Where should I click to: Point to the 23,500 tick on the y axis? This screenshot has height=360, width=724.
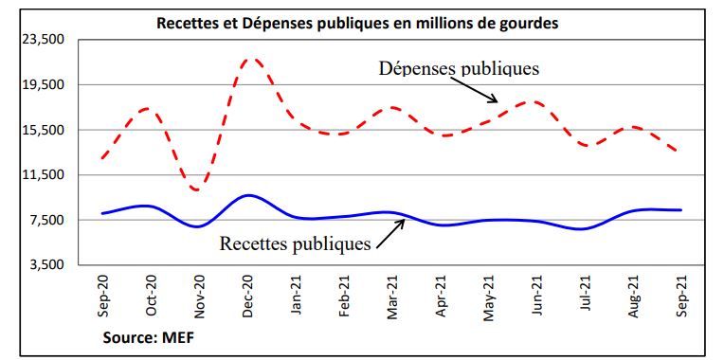click(x=43, y=40)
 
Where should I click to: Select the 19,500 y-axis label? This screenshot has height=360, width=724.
click(x=43, y=85)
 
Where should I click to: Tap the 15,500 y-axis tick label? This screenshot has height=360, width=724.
click(x=43, y=130)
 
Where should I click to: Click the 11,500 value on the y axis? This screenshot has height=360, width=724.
click(x=43, y=175)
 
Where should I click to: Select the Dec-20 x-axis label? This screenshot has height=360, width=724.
click(x=247, y=297)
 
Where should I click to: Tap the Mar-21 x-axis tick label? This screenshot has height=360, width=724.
click(x=391, y=297)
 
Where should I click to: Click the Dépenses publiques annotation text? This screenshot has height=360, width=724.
click(x=459, y=69)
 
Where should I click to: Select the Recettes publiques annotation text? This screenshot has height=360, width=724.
click(x=295, y=243)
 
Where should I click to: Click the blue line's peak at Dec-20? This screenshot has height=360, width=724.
click(x=246, y=195)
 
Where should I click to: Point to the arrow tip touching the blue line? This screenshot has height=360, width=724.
click(x=406, y=219)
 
